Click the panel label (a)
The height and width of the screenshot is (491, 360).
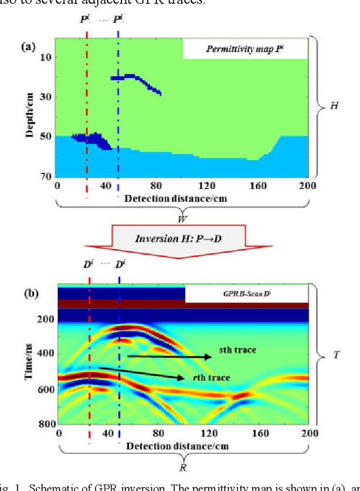coord(28,47)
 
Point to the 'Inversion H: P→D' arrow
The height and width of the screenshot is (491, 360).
coord(178,238)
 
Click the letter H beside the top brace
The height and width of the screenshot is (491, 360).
coord(334,106)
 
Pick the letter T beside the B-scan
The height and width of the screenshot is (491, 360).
coord(336,355)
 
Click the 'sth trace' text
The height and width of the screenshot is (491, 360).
coord(237,350)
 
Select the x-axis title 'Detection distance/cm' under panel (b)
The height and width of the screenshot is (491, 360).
coord(171,446)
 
